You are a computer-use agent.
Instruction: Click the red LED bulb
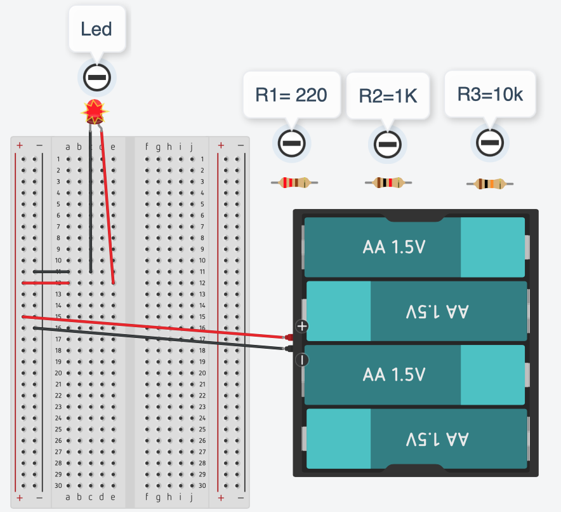pyautogui.click(x=95, y=112)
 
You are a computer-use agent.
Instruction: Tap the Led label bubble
pyautogui.click(x=96, y=29)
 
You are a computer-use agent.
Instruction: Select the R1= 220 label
pyautogui.click(x=291, y=95)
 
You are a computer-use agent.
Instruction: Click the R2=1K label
pyautogui.click(x=388, y=96)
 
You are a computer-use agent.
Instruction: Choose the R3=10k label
pyautogui.click(x=490, y=95)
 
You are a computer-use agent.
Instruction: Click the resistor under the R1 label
pyautogui.click(x=294, y=183)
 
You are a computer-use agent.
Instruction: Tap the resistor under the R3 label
pyautogui.click(x=490, y=184)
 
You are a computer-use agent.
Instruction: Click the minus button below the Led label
pyautogui.click(x=96, y=77)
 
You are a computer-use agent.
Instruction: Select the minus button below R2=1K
pyautogui.click(x=386, y=144)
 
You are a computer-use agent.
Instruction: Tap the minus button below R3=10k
pyautogui.click(x=489, y=143)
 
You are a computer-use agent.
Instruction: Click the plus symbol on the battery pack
pyautogui.click(x=302, y=327)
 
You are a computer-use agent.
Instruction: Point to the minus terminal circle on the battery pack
pyautogui.click(x=302, y=360)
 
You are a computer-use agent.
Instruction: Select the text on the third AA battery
pyautogui.click(x=393, y=375)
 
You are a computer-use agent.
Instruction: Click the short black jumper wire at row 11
pyautogui.click(x=51, y=271)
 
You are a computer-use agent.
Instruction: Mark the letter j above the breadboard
pyautogui.click(x=191, y=147)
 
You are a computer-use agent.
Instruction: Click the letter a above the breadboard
pyautogui.click(x=68, y=147)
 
